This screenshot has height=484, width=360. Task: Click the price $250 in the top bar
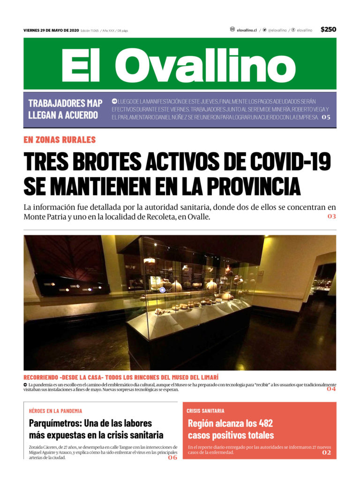[328, 30]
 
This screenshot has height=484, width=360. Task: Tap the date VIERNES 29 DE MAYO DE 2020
[51, 30]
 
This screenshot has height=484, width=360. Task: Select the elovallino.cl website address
[247, 30]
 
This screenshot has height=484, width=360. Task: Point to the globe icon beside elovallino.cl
[232, 30]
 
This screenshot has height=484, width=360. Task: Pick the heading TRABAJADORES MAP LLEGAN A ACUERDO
[65, 109]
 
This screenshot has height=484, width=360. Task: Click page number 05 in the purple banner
[326, 117]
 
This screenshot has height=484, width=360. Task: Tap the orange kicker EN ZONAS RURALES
[60, 140]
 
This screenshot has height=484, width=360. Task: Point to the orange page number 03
[331, 216]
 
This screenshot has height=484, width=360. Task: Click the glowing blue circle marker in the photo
[162, 290]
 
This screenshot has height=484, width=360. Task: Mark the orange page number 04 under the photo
[331, 388]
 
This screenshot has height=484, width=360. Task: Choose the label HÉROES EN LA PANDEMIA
[55, 411]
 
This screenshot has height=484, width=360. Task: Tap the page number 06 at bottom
[172, 457]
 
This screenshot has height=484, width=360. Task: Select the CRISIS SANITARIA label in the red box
[205, 411]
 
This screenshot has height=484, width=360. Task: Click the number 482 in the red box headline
[263, 424]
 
